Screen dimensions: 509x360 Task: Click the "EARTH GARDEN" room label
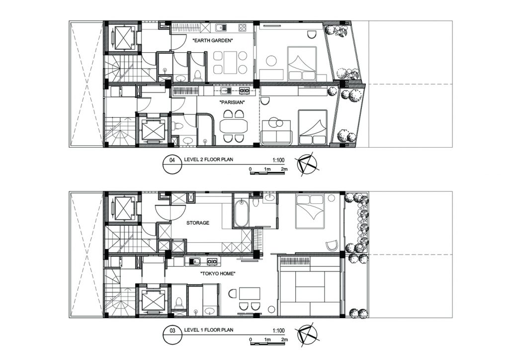tap(213, 41)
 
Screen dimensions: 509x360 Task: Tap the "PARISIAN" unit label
tap(232, 102)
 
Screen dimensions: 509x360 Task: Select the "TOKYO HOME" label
tap(218, 273)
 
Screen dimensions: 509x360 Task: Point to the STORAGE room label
tap(198, 223)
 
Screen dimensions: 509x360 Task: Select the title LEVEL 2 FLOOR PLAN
tap(208, 160)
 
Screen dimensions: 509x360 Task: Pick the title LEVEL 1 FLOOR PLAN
tap(208, 330)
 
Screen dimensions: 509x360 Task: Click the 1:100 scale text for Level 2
tap(278, 160)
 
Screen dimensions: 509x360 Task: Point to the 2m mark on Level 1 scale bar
tap(284, 340)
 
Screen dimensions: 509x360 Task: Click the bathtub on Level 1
tap(242, 214)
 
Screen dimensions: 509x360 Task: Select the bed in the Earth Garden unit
tap(302, 64)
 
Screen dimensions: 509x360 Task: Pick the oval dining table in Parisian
tap(234, 126)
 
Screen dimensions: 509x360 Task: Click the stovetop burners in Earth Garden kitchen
tap(243, 27)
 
